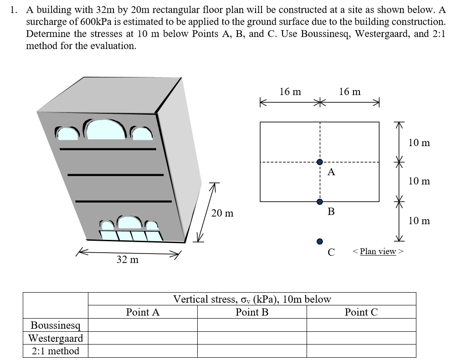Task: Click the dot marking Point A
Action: pos(320,162)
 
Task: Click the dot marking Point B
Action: pos(320,202)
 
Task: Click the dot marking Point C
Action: pos(320,241)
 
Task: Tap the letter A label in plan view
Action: pos(331,172)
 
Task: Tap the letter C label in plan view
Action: pos(331,252)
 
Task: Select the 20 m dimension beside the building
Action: pos(223,213)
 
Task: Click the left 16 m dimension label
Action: pos(290,92)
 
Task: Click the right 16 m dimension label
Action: pos(350,92)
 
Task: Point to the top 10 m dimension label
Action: pos(419,142)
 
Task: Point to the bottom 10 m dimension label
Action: pos(419,221)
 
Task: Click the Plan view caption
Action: pos(378,251)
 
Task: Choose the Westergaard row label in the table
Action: pos(56,338)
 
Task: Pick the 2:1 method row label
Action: pos(56,351)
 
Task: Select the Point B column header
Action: pos(252,312)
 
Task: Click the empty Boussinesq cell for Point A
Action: pos(143,325)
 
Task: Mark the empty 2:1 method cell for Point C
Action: pos(361,351)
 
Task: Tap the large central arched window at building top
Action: pos(107,130)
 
